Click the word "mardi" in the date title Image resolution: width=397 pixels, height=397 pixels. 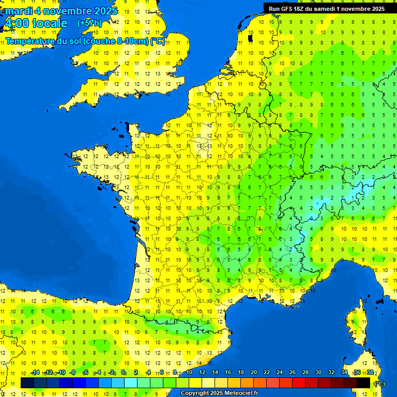pos(18,11)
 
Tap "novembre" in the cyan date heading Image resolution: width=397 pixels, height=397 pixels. pos(69,11)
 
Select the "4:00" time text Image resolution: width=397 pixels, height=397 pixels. pos(16,23)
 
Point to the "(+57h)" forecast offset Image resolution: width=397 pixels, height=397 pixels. pos(89,23)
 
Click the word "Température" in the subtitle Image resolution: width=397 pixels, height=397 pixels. pos(30,41)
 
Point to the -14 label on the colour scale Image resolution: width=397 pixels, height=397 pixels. pos(35,373)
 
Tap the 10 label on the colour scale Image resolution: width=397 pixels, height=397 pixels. pos(189,373)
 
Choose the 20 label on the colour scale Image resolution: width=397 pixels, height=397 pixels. pos(253,373)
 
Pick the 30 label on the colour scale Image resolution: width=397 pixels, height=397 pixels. pos(317,373)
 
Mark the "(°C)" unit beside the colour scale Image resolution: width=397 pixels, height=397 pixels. pos(380,384)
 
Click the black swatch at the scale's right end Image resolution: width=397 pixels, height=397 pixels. pos(363,383)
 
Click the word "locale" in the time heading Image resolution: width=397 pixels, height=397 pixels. pos(50,23)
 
